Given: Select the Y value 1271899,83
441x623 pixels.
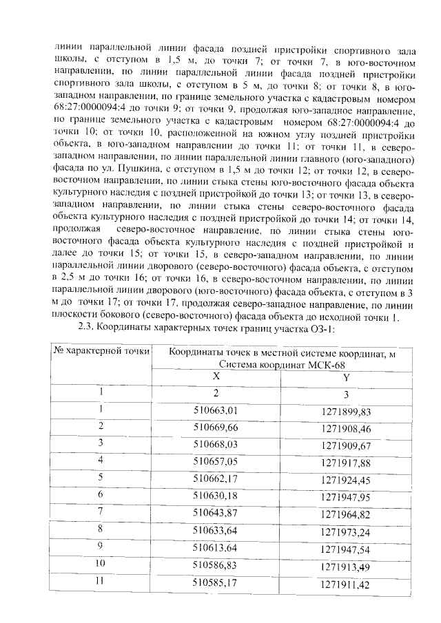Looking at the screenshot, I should click(346, 411).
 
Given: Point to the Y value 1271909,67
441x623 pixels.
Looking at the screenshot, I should click(346, 444).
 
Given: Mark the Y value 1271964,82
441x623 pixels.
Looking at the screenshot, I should click(346, 512).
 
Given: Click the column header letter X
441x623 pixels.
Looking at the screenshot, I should click(216, 377).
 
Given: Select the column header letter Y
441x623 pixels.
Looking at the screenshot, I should click(347, 377).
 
